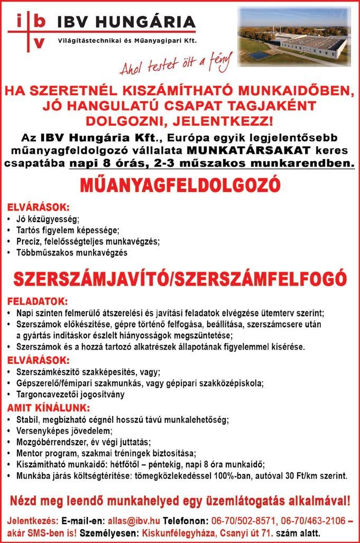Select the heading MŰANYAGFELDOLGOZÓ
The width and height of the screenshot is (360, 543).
pyautogui.click(x=180, y=186)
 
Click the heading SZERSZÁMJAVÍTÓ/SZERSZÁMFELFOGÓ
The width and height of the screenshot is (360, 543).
pyautogui.click(x=180, y=279)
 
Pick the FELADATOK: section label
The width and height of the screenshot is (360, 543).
pyautogui.click(x=37, y=302)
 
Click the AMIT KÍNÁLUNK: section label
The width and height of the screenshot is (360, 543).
pyautogui.click(x=49, y=408)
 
